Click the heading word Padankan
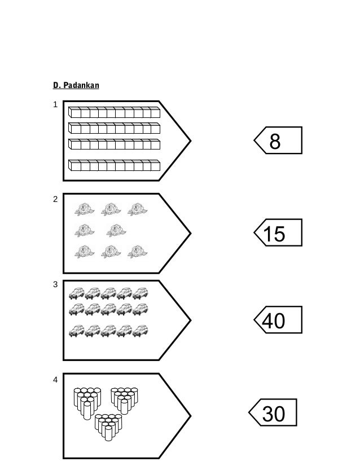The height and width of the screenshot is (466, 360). tap(81, 86)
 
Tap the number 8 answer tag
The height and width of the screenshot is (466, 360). tap(278, 140)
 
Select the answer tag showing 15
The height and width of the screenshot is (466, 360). tap(278, 232)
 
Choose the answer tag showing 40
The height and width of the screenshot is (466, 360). tap(278, 320)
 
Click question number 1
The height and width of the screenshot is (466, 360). tap(55, 105)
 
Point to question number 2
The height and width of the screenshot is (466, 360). tap(55, 199)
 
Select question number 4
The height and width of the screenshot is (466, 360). tap(55, 380)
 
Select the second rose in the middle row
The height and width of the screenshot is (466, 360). tap(116, 230)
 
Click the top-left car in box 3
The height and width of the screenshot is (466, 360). tap(75, 293)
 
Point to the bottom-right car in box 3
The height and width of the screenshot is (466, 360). tap(140, 331)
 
